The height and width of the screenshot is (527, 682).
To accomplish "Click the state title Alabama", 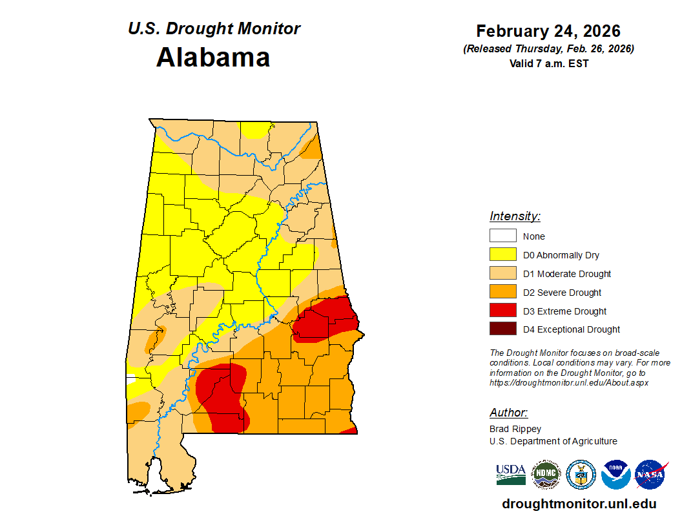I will click(213, 57).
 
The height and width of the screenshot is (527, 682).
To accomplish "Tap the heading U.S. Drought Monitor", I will click(214, 29).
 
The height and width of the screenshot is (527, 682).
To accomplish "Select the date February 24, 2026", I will click(548, 31).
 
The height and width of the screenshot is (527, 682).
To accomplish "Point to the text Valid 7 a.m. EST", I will click(548, 63).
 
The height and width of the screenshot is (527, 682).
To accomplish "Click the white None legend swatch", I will click(502, 236).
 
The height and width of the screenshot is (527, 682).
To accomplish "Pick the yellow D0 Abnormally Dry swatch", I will click(502, 255).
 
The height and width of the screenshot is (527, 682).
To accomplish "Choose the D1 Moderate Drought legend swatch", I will click(502, 274).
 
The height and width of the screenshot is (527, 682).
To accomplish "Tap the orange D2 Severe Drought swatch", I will click(502, 293).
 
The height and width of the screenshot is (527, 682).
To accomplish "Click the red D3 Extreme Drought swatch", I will click(502, 311).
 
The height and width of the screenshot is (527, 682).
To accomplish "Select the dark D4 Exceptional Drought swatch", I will click(502, 329).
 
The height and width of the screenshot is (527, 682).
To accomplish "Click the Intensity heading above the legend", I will click(515, 216).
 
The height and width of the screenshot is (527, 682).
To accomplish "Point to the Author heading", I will click(508, 413).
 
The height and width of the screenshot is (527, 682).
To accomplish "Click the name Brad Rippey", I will click(515, 429).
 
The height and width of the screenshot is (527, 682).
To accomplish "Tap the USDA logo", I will click(511, 475).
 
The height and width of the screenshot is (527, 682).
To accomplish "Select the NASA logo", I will click(651, 475).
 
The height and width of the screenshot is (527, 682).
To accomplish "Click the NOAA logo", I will click(615, 475).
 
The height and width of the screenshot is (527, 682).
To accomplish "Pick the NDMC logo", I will click(546, 475).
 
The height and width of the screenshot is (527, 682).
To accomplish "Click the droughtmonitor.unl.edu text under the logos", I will click(579, 504).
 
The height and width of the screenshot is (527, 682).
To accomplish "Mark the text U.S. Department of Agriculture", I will click(553, 441).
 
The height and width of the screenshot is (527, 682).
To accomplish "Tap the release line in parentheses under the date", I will click(548, 49).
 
